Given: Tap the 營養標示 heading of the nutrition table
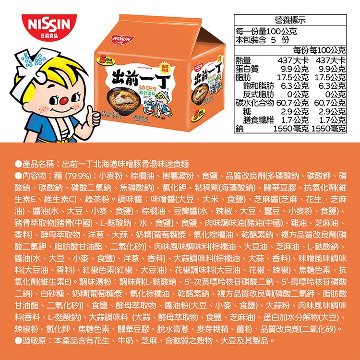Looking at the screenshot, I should (290, 20).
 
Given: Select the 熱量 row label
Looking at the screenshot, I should (243, 60).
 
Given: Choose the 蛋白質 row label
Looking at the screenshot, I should (247, 68).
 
